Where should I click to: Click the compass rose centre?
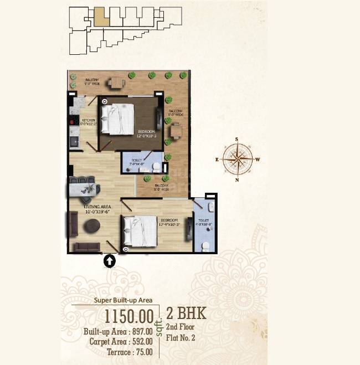[x=238, y=159]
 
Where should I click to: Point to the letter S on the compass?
[x=237, y=140]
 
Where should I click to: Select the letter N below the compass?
[x=238, y=180]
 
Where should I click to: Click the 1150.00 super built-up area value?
[x=129, y=316]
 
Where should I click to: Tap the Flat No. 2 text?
[x=181, y=336]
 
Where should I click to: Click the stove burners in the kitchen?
[x=71, y=121]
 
